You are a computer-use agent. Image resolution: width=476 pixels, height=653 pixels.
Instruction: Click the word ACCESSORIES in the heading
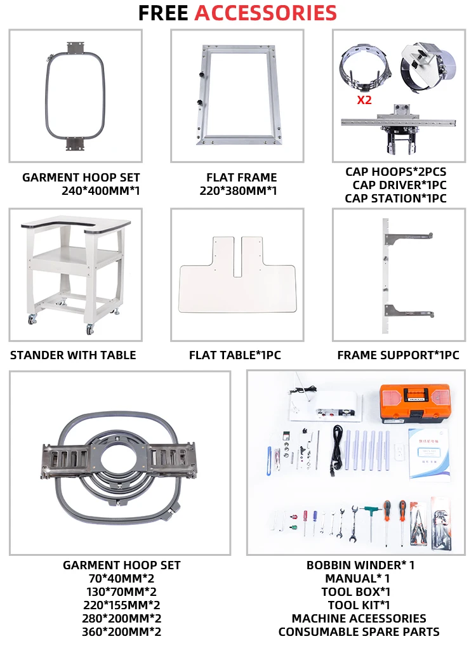click(265, 13)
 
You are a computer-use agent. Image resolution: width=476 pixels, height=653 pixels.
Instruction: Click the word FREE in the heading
click(163, 13)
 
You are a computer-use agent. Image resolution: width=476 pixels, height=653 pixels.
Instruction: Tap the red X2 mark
click(364, 100)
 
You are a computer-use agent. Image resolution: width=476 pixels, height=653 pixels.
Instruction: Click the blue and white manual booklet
click(428, 450)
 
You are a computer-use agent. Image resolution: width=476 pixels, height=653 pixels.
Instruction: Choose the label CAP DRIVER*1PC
click(399, 185)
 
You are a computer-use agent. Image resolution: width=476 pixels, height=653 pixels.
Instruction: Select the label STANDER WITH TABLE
click(73, 355)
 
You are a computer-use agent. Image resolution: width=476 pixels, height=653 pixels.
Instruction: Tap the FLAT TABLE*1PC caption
click(235, 355)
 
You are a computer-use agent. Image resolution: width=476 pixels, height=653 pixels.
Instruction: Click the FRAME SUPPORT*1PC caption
click(398, 355)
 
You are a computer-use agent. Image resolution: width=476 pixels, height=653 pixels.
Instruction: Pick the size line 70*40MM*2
click(121, 578)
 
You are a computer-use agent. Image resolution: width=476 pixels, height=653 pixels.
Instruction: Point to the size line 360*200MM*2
click(121, 631)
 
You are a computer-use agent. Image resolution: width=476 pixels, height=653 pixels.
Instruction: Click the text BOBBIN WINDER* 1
click(360, 565)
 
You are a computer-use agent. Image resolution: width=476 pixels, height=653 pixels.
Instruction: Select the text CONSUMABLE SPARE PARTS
click(359, 631)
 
